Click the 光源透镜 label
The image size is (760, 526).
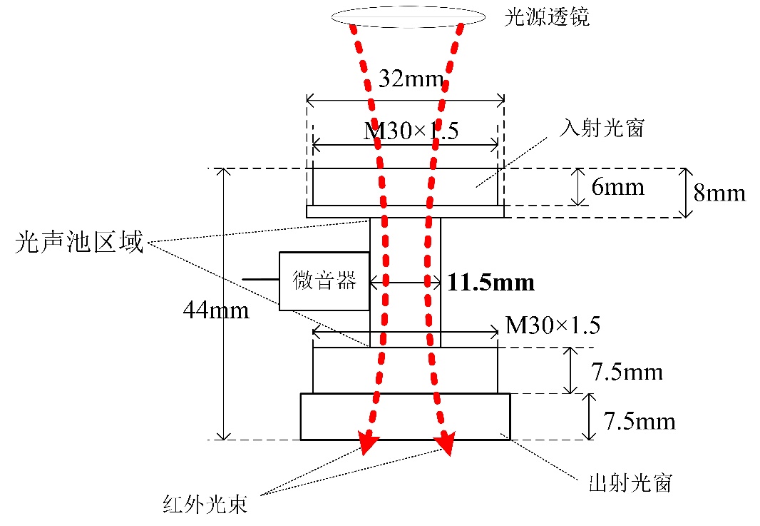(547, 18)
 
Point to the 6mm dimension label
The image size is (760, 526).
(617, 187)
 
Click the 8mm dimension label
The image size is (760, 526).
(719, 193)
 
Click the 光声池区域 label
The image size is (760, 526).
(79, 244)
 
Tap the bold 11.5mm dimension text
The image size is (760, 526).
(491, 283)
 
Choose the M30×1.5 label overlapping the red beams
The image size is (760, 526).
(411, 131)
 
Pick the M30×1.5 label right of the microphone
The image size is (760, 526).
(553, 325)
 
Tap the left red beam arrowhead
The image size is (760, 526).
(366, 443)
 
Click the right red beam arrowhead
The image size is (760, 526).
(448, 443)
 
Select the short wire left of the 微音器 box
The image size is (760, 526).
(260, 278)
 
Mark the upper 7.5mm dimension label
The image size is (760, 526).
(627, 372)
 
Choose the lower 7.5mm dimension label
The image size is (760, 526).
(639, 421)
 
